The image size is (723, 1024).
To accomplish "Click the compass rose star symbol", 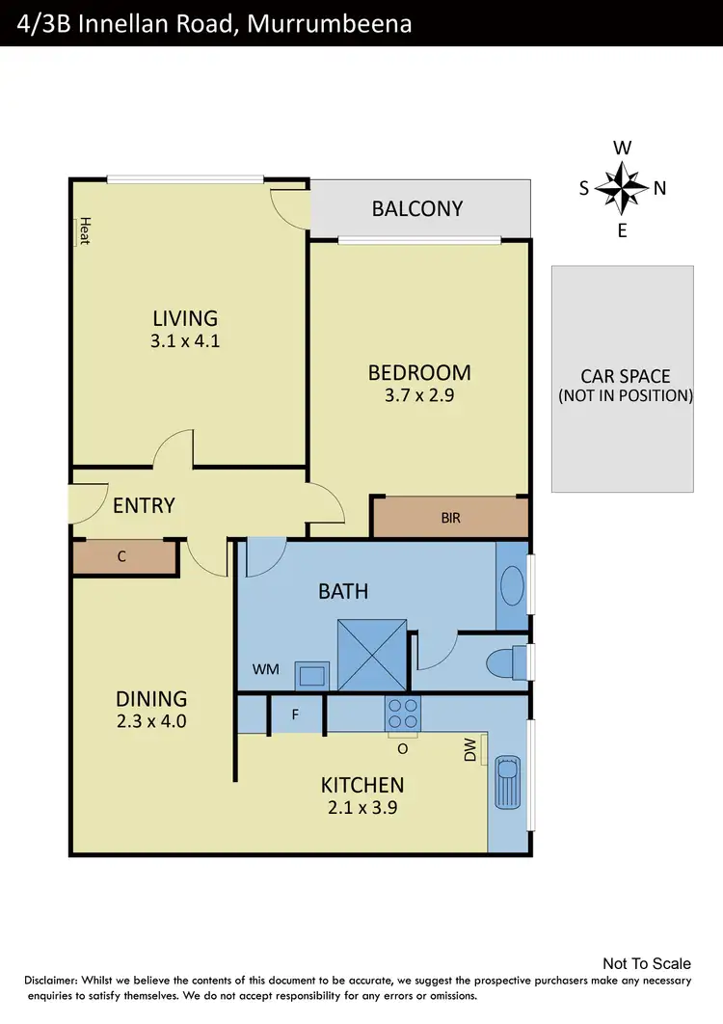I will point(622,189).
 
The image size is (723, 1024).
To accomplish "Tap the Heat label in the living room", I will point(84,230).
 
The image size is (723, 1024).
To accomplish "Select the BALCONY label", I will point(417,208).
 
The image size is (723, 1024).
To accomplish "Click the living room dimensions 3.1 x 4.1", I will point(186,339).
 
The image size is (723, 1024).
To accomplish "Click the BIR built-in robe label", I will point(450,518).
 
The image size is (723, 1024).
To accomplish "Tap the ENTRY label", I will point(144,505).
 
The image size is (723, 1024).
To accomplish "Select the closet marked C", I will point(122,558).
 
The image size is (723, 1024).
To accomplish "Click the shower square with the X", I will point(372,655).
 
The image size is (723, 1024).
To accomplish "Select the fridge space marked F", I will point(296,715).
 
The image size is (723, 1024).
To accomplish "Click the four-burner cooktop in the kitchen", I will point(403,713).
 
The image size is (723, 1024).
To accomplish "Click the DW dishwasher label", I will point(470,751).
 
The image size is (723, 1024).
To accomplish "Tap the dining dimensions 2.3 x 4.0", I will point(152,721).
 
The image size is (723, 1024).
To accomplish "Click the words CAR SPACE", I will point(625,376).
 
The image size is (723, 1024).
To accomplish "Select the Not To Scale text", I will point(646,963).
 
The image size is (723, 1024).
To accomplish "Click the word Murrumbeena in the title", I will point(330,23).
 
